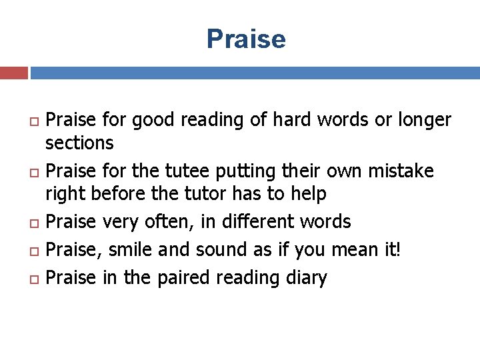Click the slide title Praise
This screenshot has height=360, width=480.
tap(246, 39)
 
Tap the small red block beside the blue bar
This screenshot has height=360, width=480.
tap(13, 73)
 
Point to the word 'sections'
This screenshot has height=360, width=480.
tap(79, 143)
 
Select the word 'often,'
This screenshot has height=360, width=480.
tap(175, 221)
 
